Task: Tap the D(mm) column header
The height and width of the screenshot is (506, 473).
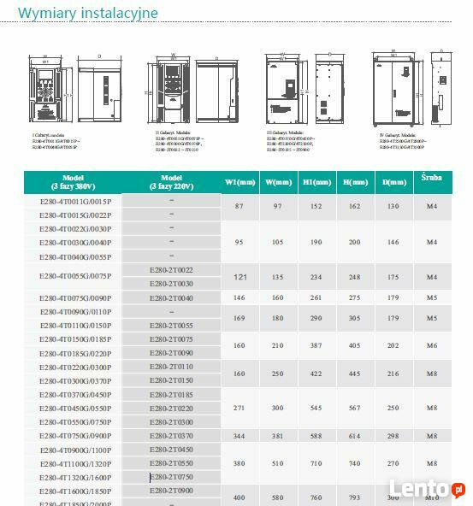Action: (x=393, y=182)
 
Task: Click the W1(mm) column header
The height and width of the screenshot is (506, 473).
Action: (x=240, y=182)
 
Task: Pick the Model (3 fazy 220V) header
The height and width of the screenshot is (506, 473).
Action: (x=171, y=182)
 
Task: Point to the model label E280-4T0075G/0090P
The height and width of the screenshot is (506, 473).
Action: (x=75, y=298)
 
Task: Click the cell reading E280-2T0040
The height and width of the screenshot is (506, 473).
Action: (x=171, y=298)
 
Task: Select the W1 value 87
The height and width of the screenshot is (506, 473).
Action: (x=239, y=207)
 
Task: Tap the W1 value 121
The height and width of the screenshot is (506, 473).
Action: (x=240, y=277)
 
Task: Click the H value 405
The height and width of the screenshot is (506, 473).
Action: (x=350, y=346)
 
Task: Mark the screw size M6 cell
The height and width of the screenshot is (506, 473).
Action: (x=432, y=346)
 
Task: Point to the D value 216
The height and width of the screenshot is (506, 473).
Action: (x=393, y=374)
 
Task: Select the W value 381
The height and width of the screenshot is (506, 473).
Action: (x=278, y=436)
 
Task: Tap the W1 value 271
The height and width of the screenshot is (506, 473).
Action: (x=239, y=409)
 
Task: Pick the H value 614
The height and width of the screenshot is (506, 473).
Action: (x=350, y=436)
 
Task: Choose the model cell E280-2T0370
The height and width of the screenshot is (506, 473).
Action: (x=171, y=436)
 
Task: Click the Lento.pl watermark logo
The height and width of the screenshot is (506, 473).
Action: (x=433, y=489)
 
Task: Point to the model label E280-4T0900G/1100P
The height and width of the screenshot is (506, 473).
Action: (x=75, y=450)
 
